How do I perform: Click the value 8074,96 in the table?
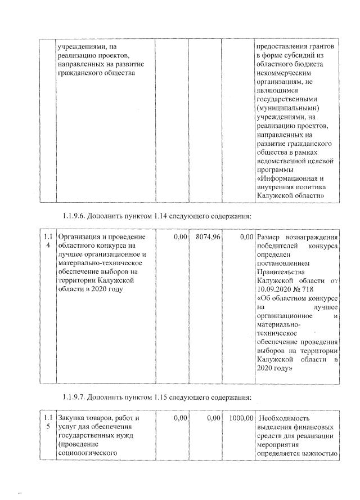208,238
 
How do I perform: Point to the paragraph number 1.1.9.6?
76,216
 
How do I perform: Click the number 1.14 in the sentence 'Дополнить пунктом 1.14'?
161,216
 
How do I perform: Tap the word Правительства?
281,271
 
